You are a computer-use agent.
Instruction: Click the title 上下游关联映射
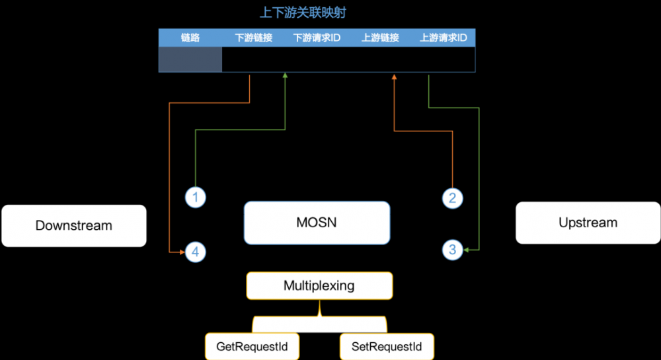[x=317, y=13]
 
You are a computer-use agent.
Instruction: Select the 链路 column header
[x=190, y=38]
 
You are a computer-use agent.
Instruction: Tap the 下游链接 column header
[x=254, y=38]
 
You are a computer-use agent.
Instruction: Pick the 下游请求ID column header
[x=317, y=38]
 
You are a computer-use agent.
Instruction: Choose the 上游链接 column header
[x=380, y=38]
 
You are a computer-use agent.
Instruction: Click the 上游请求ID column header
[x=443, y=38]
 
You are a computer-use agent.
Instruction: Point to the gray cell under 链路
[x=190, y=59]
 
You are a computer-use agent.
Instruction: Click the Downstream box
[x=73, y=225]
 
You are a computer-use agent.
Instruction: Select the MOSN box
[x=317, y=223]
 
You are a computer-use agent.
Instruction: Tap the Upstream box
[x=588, y=223]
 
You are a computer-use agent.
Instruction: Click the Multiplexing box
[x=319, y=286]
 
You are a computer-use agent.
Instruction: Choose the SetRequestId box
[x=387, y=345]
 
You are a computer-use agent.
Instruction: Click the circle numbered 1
[x=195, y=197]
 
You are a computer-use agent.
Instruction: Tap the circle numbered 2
[x=452, y=198]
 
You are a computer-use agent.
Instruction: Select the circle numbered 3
[x=452, y=250]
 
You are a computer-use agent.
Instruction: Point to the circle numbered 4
[x=195, y=252]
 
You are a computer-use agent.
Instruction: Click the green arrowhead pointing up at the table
[x=285, y=77]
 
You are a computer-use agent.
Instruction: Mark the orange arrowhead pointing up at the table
[x=394, y=77]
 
